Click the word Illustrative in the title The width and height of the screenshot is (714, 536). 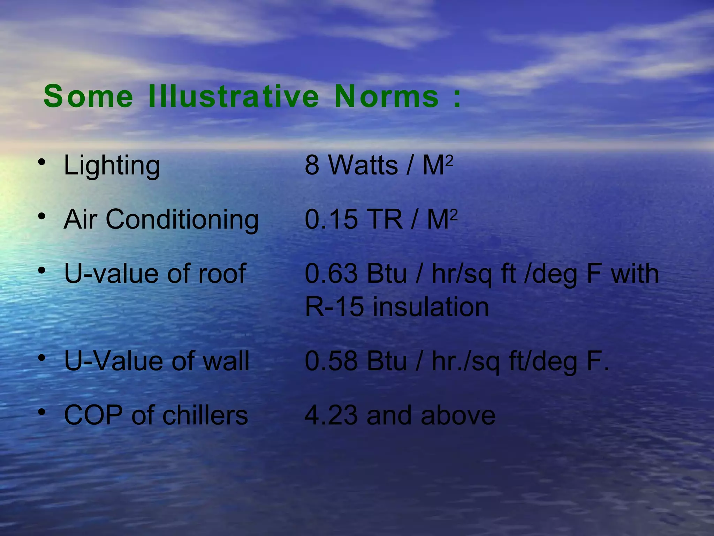[233, 96]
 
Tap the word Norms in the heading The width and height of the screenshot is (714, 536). [386, 96]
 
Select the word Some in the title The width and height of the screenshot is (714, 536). [88, 96]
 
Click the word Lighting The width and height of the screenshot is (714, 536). [112, 165]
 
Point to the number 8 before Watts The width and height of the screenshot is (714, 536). [312, 165]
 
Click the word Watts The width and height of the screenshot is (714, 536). [363, 165]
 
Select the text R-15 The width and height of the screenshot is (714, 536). [334, 307]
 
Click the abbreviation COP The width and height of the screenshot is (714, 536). [93, 415]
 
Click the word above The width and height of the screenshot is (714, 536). [458, 415]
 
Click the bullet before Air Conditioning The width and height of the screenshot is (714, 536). [42, 216]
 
